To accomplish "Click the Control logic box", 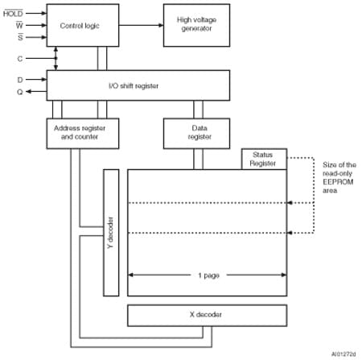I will click(81, 25).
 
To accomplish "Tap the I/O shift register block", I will click(138, 85).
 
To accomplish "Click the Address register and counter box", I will click(80, 132).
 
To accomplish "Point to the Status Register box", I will click(263, 159).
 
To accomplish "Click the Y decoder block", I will click(111, 233).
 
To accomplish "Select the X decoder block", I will click(207, 314).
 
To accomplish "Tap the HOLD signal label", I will click(13, 13).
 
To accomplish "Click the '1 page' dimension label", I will click(207, 275).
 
